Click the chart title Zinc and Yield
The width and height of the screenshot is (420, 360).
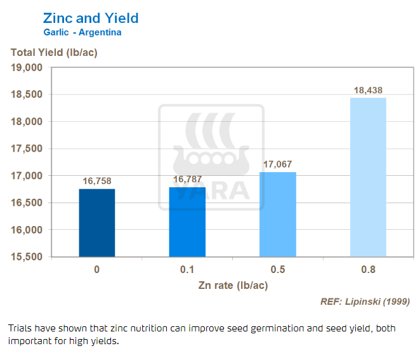pyautogui.click(x=90, y=18)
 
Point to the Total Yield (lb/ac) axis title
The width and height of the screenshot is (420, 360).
pyautogui.click(x=53, y=52)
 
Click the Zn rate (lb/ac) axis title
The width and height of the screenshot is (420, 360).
pyautogui.click(x=232, y=285)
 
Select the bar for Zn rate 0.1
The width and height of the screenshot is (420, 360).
pyautogui.click(x=187, y=222)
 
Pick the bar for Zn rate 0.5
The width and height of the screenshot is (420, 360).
pyautogui.click(x=278, y=214)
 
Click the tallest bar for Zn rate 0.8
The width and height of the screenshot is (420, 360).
pyautogui.click(x=368, y=177)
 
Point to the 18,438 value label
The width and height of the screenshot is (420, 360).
pyautogui.click(x=368, y=90)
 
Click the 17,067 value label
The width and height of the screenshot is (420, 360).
pyautogui.click(x=278, y=164)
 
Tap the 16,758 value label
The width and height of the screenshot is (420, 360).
pyautogui.click(x=97, y=181)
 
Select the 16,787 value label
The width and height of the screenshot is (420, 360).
pyautogui.click(x=187, y=180)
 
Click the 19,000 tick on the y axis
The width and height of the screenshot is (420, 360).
pyautogui.click(x=27, y=67)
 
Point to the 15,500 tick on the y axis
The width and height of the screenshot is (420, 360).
pyautogui.click(x=27, y=257)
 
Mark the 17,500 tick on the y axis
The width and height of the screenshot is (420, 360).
pyautogui.click(x=27, y=149)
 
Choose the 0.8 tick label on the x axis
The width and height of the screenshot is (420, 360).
pyautogui.click(x=368, y=270)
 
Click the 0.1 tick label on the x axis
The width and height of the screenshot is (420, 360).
pyautogui.click(x=187, y=270)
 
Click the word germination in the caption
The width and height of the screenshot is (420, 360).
pyautogui.click(x=270, y=328)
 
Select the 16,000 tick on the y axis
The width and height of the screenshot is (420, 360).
pyautogui.click(x=27, y=230)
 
